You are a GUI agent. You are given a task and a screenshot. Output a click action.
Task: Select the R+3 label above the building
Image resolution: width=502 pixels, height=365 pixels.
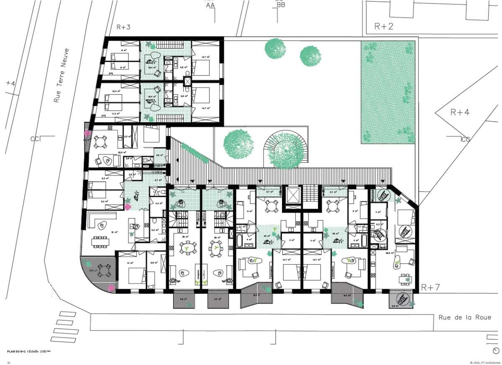123,28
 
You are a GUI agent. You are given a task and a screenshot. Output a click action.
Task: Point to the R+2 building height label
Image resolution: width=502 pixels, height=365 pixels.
383,27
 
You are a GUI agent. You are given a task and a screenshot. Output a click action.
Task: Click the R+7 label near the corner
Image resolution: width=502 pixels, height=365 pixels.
430,288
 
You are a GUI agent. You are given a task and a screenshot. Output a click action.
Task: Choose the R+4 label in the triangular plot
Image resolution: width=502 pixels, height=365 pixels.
460,112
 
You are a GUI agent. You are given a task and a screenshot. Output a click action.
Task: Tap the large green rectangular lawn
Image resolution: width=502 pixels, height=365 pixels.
388,92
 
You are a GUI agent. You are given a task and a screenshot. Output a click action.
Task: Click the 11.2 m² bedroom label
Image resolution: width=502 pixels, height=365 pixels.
115,113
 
